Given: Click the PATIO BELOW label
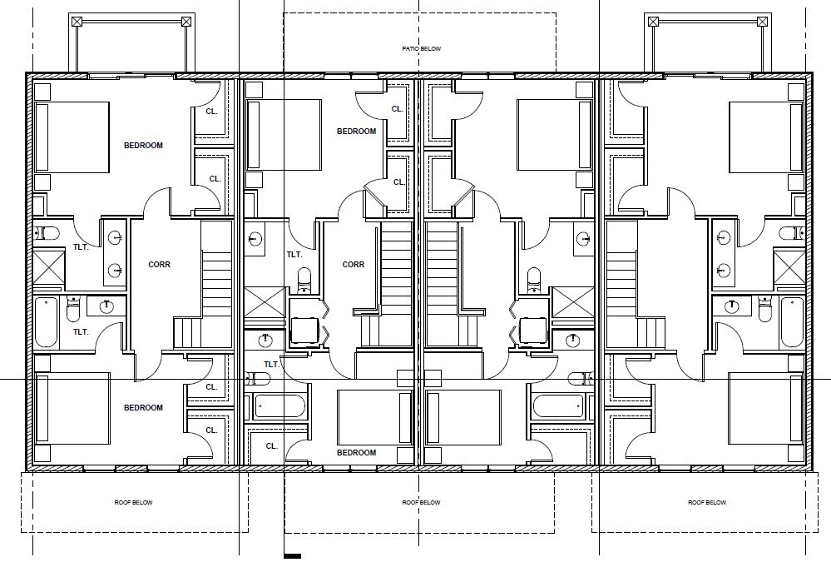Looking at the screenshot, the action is tap(422, 49).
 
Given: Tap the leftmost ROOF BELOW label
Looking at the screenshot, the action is tap(134, 502).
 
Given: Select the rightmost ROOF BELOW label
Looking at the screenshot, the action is tap(707, 502).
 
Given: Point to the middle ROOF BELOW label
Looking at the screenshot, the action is tap(422, 502).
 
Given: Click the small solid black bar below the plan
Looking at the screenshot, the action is tap(293, 556).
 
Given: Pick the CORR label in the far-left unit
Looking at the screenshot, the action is tap(159, 264).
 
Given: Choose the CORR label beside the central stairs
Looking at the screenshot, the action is tap(353, 264).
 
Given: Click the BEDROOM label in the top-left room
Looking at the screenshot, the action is tap(143, 146).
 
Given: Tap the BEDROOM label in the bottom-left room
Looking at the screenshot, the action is tap(143, 407).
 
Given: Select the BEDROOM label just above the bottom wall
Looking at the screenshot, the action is tap(356, 453).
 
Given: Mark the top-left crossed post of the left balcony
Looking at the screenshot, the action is tap(77, 22).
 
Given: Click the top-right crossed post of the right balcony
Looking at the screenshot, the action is tap(762, 22).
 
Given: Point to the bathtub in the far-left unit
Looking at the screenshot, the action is tap(46, 322).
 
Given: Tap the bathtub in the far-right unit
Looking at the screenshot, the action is tap(792, 322).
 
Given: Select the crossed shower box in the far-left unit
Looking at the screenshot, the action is tap(49, 268).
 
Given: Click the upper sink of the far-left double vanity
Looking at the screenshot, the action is tap(116, 237).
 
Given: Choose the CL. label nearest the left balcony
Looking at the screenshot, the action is tap(211, 112).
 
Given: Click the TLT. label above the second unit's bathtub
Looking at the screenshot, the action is tap(271, 365).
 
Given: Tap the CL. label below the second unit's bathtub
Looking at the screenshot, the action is tap(271, 446).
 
